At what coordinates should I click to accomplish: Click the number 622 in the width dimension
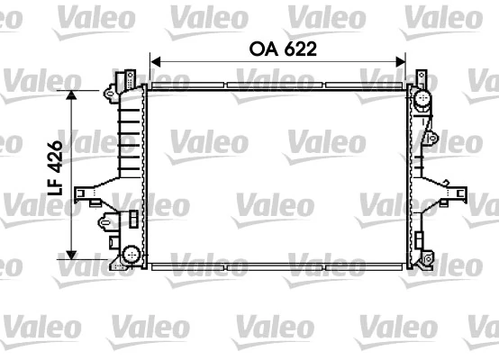tap(298, 49)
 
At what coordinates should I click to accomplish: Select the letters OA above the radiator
tap(260, 49)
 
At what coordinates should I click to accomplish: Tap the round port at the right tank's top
tap(419, 97)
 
